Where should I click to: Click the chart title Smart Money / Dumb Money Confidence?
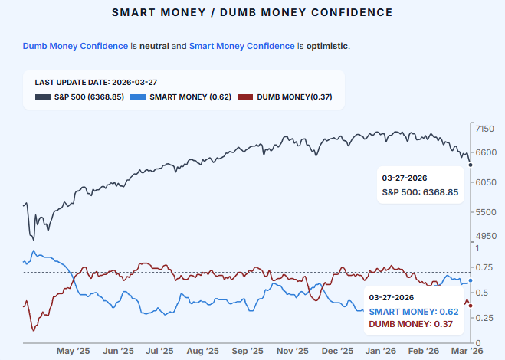pyautogui.click(x=252, y=13)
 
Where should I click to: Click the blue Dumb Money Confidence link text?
pyautogui.click(x=75, y=46)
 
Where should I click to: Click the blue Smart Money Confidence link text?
pyautogui.click(x=242, y=46)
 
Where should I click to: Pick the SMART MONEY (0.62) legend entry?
pyautogui.click(x=181, y=97)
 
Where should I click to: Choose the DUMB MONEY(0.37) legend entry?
pyautogui.click(x=284, y=97)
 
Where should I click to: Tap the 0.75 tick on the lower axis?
pyautogui.click(x=484, y=267)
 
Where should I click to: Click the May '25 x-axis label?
pyautogui.click(x=74, y=350)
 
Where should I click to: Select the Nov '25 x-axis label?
pyautogui.click(x=292, y=350)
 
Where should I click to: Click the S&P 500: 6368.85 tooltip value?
pyautogui.click(x=420, y=192)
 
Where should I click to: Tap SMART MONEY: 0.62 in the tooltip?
pyautogui.click(x=413, y=312)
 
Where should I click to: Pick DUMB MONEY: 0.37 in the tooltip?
pyautogui.click(x=411, y=325)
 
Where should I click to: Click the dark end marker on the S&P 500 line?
pyautogui.click(x=470, y=165)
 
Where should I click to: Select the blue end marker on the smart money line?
pyautogui.click(x=470, y=281)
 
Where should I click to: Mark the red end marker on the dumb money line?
pyautogui.click(x=470, y=306)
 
